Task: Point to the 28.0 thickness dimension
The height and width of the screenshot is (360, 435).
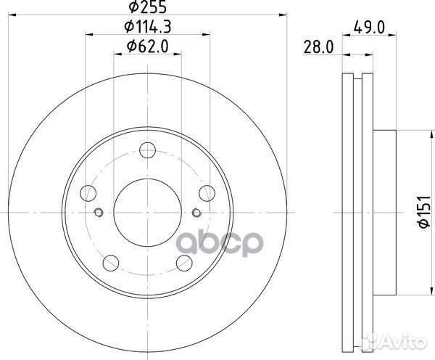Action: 316,48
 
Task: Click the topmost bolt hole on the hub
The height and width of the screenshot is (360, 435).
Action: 147,151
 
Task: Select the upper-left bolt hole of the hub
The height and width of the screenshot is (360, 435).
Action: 89,192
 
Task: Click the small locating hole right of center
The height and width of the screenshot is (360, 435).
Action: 197,212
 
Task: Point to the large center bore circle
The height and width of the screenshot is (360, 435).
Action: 147,212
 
